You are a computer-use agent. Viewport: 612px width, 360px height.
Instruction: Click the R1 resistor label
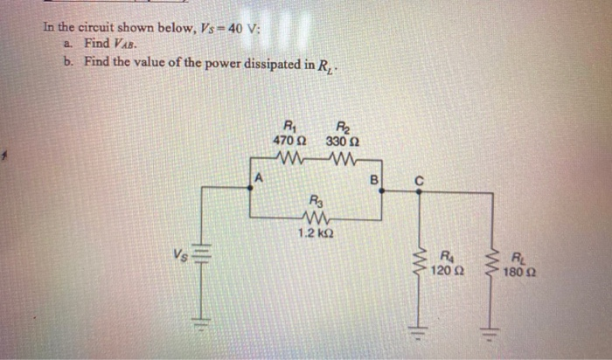tap(289, 128)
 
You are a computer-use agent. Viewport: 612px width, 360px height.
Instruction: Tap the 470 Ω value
tap(289, 142)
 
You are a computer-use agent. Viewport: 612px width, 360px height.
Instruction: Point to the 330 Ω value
tap(340, 142)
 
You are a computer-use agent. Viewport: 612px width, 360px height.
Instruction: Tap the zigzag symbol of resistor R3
tap(313, 218)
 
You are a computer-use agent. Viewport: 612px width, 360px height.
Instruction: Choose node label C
tap(419, 181)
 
